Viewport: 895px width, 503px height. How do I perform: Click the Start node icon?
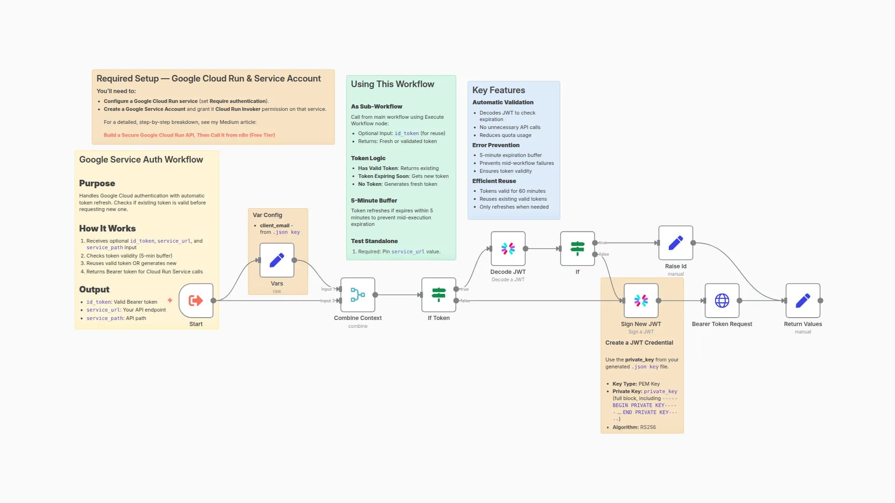pyautogui.click(x=196, y=300)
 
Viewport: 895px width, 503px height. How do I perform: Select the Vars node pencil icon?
pyautogui.click(x=277, y=260)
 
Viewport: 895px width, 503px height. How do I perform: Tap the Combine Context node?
pyautogui.click(x=358, y=295)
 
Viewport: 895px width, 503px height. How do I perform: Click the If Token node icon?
pyautogui.click(x=439, y=295)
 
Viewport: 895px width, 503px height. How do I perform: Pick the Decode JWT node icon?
pyautogui.click(x=508, y=249)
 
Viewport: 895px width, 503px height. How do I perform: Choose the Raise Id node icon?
pyautogui.click(x=675, y=243)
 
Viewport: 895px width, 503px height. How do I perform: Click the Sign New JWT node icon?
pyautogui.click(x=641, y=300)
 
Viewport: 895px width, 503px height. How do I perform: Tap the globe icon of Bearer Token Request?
pyautogui.click(x=722, y=300)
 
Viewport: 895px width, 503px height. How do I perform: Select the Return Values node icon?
pyautogui.click(x=803, y=300)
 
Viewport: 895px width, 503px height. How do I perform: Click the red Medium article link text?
pyautogui.click(x=189, y=135)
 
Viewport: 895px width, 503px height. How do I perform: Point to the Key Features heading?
pyautogui.click(x=498, y=90)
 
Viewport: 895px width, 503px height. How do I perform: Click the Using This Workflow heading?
pyautogui.click(x=392, y=84)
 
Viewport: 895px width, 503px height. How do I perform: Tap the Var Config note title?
pyautogui.click(x=267, y=215)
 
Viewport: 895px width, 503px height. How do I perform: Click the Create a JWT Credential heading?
pyautogui.click(x=639, y=343)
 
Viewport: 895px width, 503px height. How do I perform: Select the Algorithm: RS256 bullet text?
pyautogui.click(x=634, y=427)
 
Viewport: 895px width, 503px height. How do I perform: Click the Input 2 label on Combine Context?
pyautogui.click(x=327, y=301)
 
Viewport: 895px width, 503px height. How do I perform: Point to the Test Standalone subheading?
pyautogui.click(x=374, y=241)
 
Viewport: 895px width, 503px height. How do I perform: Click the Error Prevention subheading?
pyautogui.click(x=496, y=145)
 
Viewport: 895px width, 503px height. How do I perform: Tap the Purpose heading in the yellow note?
pyautogui.click(x=97, y=184)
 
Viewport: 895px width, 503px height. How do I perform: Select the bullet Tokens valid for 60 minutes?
pyautogui.click(x=512, y=191)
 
